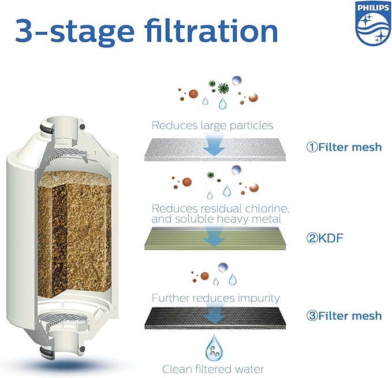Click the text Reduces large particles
[212, 125]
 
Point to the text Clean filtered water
[214, 368]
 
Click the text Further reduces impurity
[215, 298]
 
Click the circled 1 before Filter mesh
[311, 147]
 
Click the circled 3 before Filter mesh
[311, 316]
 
